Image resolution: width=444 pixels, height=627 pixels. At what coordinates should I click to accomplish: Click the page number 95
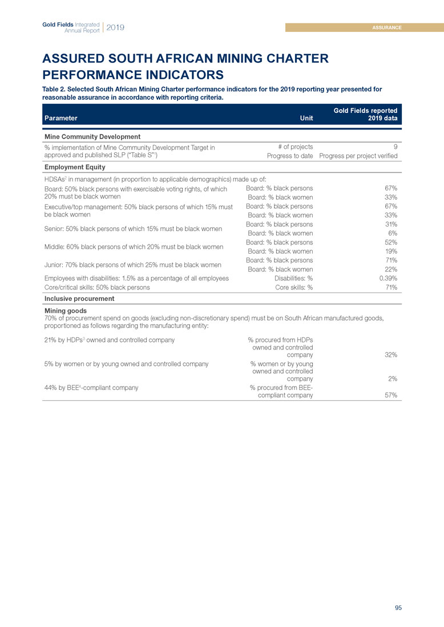tap(398, 608)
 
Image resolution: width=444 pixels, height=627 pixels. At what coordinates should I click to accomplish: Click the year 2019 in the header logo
tap(115, 27)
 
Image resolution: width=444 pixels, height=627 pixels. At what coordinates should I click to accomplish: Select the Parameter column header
tap(60, 119)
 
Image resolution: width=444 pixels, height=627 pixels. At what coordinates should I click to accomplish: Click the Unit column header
tap(306, 119)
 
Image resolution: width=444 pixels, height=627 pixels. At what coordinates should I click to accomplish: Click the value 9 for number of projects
tap(395, 147)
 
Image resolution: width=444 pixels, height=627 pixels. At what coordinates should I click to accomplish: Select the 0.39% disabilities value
tap(388, 278)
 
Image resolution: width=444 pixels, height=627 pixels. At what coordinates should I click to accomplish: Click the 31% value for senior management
tap(391, 224)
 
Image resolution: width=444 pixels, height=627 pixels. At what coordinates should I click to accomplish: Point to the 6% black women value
tap(393, 233)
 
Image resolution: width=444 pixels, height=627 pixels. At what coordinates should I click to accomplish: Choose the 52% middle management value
tap(391, 242)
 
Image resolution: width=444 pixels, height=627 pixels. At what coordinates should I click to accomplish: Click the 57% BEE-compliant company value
tap(391, 395)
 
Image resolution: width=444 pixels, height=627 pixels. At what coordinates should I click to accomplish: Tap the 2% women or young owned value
tap(393, 378)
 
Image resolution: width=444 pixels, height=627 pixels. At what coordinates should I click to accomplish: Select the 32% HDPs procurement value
tap(391, 355)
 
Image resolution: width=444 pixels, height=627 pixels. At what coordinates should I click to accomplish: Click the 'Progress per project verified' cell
tap(358, 156)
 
